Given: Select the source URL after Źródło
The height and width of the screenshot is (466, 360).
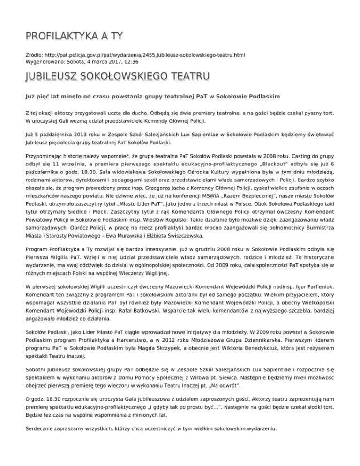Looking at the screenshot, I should (x=145, y=55).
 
